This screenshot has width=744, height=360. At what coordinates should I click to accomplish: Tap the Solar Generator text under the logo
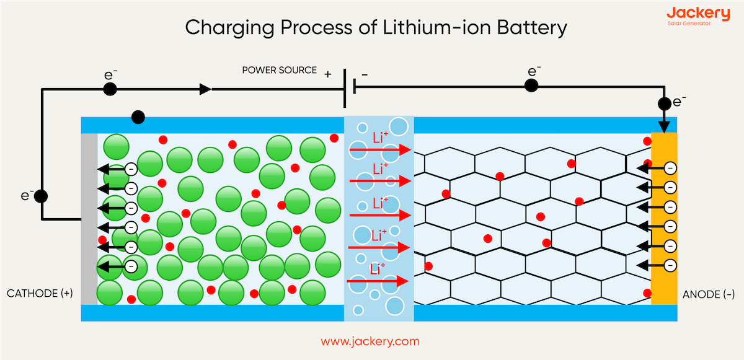[689, 24]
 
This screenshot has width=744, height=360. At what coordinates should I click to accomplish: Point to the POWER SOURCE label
[279, 70]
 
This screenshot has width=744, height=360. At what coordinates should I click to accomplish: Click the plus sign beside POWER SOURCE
[327, 74]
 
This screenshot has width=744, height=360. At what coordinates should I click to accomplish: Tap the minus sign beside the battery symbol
[365, 74]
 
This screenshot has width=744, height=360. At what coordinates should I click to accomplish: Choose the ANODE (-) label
[707, 294]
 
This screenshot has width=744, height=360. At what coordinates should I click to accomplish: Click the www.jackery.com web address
[370, 341]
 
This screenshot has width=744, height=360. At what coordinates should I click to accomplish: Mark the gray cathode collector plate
[89, 219]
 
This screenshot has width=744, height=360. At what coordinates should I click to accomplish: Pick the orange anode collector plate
[664, 219]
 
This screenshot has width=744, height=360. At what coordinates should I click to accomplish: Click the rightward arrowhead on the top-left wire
[205, 89]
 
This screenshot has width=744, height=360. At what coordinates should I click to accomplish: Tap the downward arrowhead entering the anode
[664, 127]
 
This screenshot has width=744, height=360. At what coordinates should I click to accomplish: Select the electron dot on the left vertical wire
[41, 196]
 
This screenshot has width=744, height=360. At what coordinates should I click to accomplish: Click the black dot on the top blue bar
[138, 116]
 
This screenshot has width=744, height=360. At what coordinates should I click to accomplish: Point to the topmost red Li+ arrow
[380, 150]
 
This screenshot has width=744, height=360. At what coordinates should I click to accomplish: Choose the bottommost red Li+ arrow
[378, 281]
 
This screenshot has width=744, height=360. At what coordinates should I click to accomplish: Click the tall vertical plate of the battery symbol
[345, 88]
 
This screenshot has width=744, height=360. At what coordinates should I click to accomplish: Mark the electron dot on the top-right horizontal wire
[531, 86]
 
